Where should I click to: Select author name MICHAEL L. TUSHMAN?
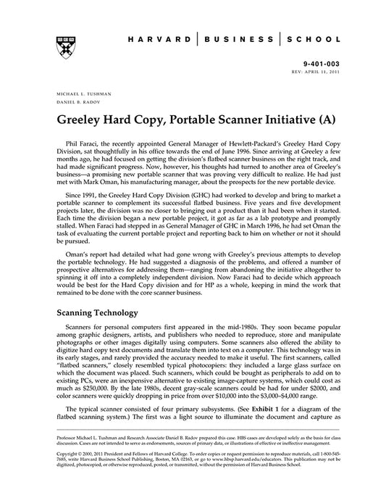tap(82, 94)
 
